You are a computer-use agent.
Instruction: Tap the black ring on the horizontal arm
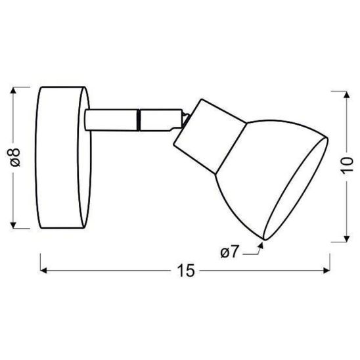(x=139, y=120)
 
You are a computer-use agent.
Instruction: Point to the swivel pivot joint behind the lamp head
(x=187, y=119)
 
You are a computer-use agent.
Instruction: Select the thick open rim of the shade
(x=299, y=191)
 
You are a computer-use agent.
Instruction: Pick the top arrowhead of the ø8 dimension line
(x=17, y=90)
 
